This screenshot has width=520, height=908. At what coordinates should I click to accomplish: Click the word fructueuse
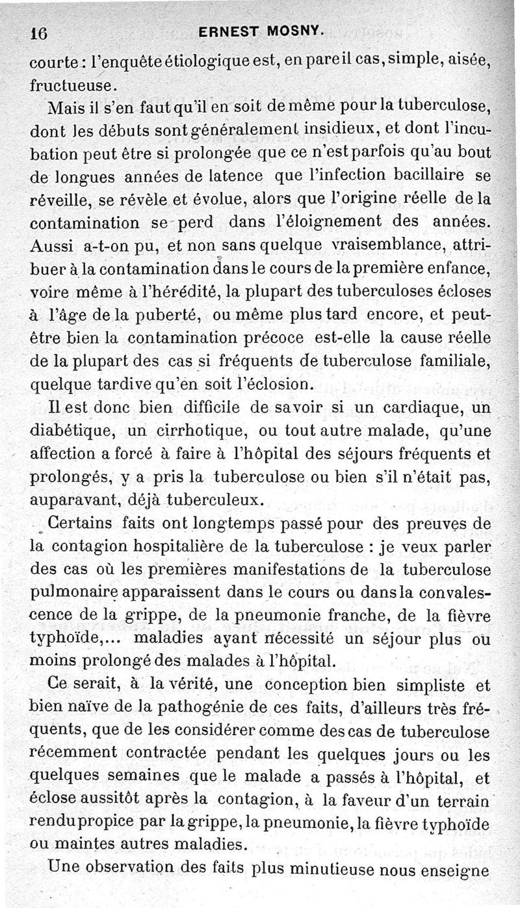74,85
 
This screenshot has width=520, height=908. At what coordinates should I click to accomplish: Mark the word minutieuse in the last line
348,869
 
